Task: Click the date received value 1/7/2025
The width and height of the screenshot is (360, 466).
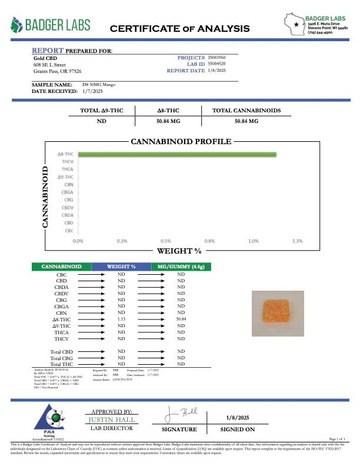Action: pyautogui.click(x=90, y=91)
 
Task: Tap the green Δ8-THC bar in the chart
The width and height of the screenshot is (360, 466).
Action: pyautogui.click(x=176, y=154)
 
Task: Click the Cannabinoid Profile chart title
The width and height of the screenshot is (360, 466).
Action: pyautogui.click(x=181, y=142)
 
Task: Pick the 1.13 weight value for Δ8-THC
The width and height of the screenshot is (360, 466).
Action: pyautogui.click(x=122, y=318)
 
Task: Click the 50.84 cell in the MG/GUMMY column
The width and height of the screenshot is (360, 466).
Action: pyautogui.click(x=181, y=318)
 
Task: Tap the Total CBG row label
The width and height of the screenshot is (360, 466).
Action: pyautogui.click(x=61, y=358)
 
